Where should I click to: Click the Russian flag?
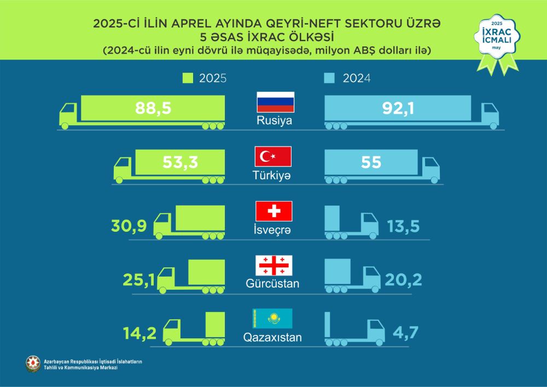[276, 103]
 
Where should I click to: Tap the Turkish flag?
[274, 157]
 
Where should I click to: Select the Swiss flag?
[274, 211]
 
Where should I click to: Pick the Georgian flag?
[274, 265]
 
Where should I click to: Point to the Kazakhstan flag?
[272, 319]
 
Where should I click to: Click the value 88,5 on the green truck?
[153, 108]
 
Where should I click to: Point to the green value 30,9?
[130, 225]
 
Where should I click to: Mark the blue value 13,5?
[404, 225]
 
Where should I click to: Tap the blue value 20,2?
[403, 279]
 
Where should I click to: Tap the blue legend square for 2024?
[329, 79]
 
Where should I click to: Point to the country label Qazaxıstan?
[272, 338]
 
